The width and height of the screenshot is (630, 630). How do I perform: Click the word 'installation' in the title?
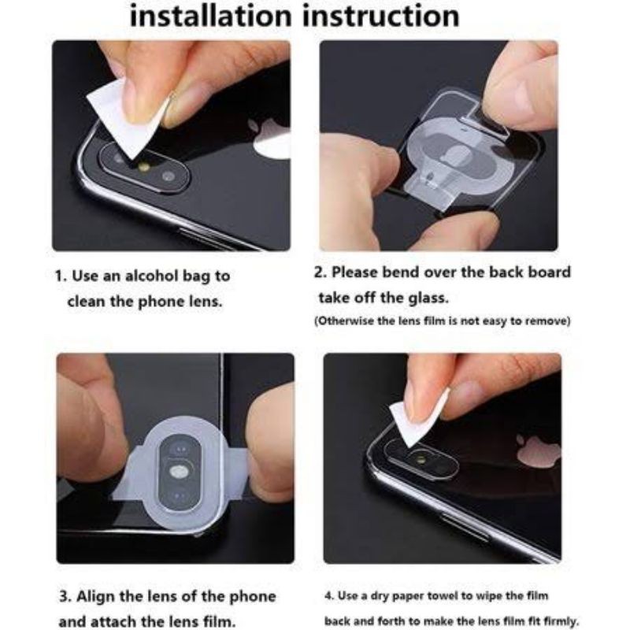[x=211, y=16]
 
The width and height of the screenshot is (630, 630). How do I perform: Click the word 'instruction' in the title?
[x=381, y=16]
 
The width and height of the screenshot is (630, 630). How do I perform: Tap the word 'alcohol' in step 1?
[x=152, y=276]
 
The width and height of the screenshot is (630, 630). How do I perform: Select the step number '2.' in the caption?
[x=321, y=272]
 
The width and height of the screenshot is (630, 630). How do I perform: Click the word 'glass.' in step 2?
[x=428, y=298]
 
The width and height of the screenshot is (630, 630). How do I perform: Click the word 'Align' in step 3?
[x=96, y=596]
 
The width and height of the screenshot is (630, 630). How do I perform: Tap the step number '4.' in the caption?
[x=329, y=595]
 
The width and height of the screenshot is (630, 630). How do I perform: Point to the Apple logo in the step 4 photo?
[x=539, y=451]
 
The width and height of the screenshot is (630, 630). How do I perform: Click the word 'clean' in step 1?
[x=87, y=302]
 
